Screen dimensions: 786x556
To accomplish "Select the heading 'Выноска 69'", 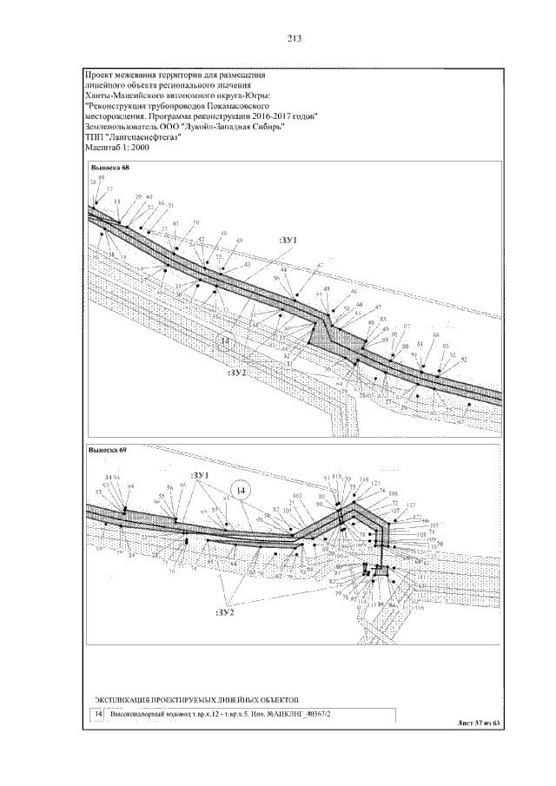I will tap(109, 450).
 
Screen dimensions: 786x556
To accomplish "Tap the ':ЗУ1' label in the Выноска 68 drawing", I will tap(288, 239).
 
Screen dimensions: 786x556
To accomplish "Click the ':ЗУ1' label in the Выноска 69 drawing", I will tap(202, 475).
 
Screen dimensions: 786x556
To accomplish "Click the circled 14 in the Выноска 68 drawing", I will tap(226, 343).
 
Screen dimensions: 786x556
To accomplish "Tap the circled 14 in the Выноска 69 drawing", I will tap(242, 491).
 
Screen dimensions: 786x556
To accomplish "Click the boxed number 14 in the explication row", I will tap(98, 714).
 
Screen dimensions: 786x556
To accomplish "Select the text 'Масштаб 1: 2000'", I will tap(117, 148).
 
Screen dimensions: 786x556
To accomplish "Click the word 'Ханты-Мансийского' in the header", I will tap(122, 94).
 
